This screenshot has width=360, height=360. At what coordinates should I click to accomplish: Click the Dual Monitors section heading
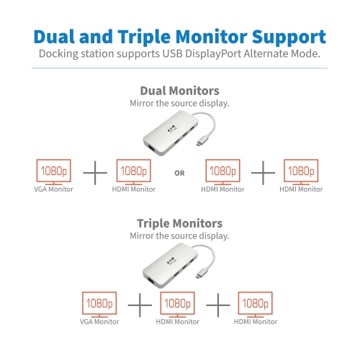[179, 91]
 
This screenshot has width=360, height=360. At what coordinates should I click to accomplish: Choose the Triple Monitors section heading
[179, 223]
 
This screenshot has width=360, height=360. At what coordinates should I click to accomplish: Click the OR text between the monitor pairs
[179, 173]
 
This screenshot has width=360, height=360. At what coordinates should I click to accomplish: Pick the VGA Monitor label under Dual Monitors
[53, 189]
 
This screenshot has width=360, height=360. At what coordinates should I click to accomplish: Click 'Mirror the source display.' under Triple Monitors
[179, 235]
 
